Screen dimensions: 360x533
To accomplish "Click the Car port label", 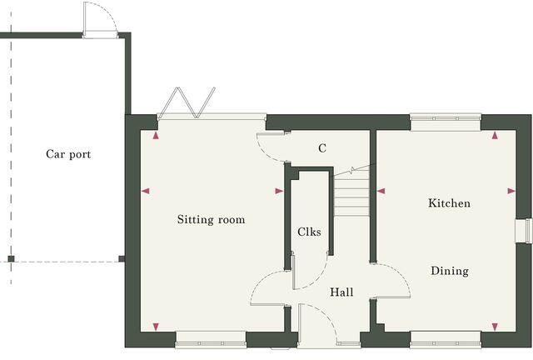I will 68,154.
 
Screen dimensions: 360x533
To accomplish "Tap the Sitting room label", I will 211,220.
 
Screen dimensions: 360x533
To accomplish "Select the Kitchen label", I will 449,203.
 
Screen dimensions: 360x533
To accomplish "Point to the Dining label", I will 450,271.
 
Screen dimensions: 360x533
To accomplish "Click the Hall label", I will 341,292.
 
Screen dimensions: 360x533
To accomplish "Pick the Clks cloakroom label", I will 309,232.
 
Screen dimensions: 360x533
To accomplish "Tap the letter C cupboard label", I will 321,148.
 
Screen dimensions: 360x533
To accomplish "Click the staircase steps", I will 351,193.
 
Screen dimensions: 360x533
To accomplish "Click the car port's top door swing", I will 96,18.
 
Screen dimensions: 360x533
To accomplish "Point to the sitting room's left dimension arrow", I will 146,192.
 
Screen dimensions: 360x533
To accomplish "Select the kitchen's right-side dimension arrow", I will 511,191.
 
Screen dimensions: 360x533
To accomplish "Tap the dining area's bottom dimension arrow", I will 495,326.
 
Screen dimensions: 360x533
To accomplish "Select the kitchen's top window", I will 446,120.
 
